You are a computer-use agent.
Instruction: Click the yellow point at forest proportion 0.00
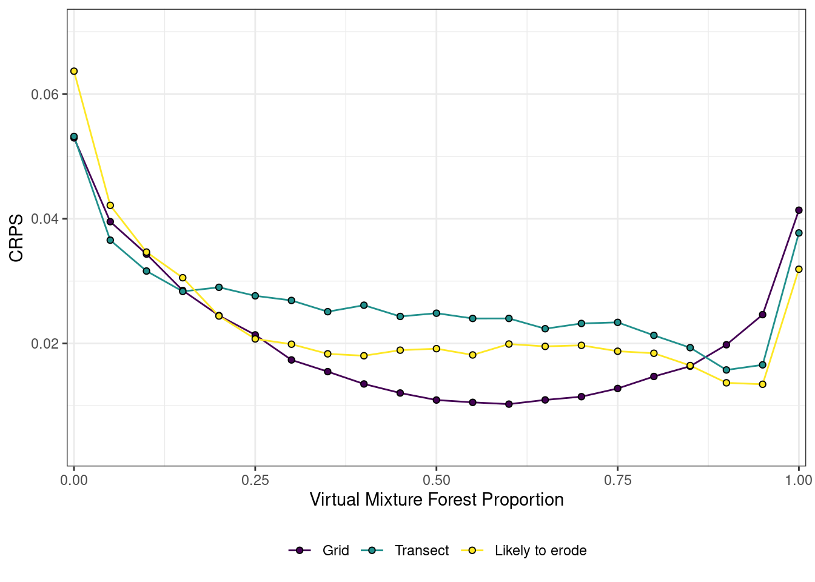click(x=74, y=71)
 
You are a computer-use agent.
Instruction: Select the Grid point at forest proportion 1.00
click(x=799, y=210)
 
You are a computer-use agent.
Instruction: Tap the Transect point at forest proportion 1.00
click(x=799, y=233)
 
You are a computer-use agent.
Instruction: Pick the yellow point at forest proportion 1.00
click(x=799, y=269)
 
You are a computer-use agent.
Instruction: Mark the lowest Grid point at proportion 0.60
click(x=509, y=404)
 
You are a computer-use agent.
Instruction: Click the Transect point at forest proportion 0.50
click(x=436, y=313)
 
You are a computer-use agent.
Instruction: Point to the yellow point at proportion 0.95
click(x=762, y=384)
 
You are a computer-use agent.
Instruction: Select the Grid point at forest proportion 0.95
click(x=762, y=315)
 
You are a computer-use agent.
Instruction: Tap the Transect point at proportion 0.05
click(x=110, y=240)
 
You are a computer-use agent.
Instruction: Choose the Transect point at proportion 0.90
click(x=726, y=370)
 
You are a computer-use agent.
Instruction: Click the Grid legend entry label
click(x=335, y=550)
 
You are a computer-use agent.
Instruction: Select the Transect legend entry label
click(x=421, y=550)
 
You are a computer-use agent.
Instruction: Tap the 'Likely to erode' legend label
click(x=540, y=550)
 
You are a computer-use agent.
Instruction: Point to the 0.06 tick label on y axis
click(x=44, y=95)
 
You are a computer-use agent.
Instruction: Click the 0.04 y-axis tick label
click(x=44, y=219)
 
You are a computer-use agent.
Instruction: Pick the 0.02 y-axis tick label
click(x=44, y=344)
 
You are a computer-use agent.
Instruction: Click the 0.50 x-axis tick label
click(x=436, y=480)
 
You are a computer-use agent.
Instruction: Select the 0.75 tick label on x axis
click(x=617, y=480)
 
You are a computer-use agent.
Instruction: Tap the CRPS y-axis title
click(x=16, y=238)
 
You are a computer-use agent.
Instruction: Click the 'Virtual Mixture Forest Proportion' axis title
click(x=437, y=500)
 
